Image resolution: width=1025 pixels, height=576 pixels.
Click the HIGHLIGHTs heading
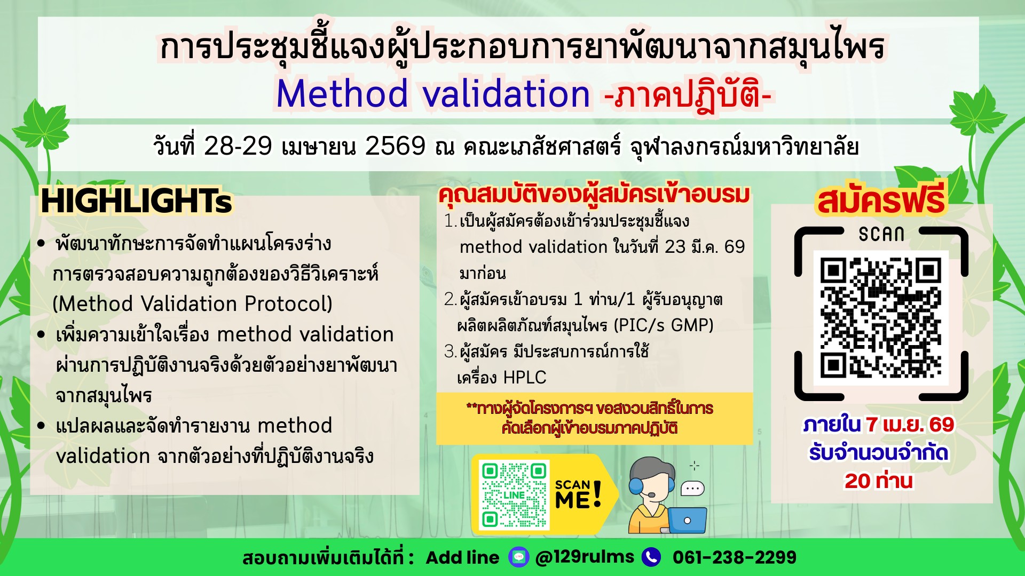[137, 201]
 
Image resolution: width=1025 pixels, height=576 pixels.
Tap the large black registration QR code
[881, 317]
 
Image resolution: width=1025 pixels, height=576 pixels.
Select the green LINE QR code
[515, 495]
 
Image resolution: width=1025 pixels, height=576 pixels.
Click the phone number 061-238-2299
[735, 557]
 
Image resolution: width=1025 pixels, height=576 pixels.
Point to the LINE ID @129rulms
[585, 557]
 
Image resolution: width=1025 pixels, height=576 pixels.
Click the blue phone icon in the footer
[651, 557]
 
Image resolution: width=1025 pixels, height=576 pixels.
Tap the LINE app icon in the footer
[518, 557]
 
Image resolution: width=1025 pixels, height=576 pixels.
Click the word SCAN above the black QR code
[881, 234]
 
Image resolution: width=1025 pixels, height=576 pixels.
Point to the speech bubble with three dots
[693, 488]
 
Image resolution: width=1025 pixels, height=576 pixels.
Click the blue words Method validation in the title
[433, 94]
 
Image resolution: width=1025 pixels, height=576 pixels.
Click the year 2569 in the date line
[395, 146]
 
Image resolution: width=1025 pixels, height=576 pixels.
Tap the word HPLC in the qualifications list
[525, 378]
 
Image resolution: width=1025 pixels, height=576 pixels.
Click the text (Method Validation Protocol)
[193, 304]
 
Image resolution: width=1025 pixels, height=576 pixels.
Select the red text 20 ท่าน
[879, 481]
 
